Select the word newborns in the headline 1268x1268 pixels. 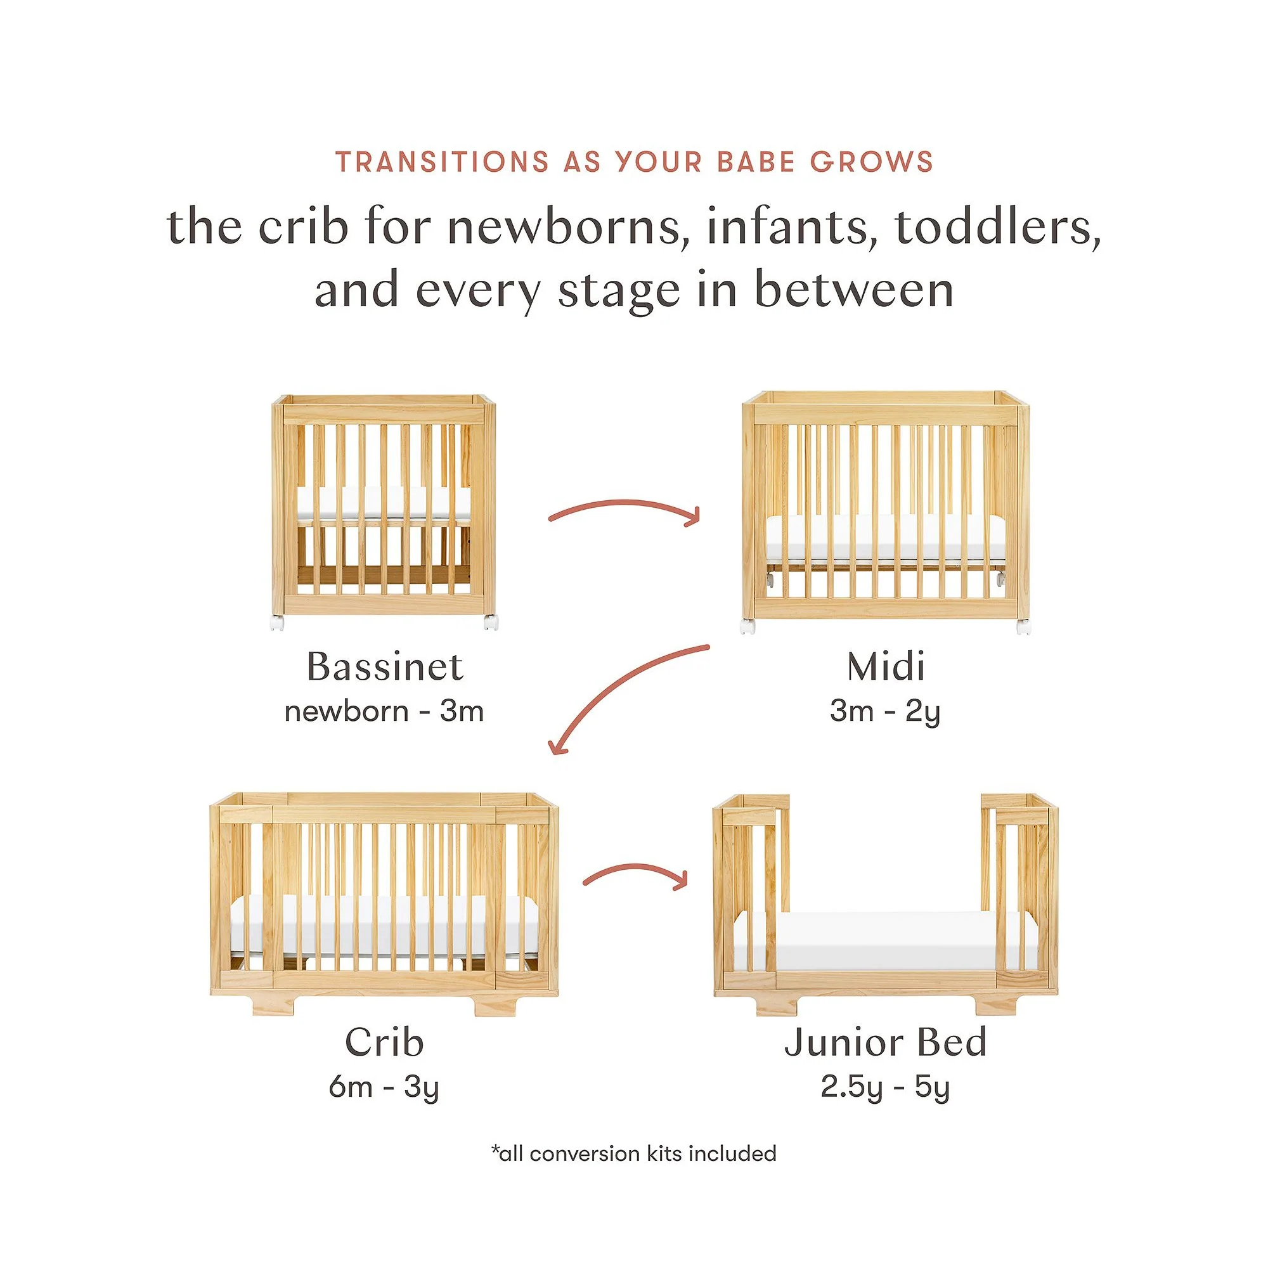pos(568,227)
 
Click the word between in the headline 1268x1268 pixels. pos(853,290)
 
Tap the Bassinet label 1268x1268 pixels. pos(385,667)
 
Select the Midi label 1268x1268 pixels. pos(886,667)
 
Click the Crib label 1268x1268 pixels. pos(385,1042)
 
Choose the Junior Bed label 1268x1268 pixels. pos(885,1042)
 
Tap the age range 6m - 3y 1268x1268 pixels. pos(384,1087)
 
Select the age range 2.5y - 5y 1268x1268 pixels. pos(885,1087)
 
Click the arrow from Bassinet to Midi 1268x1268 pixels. pos(624,503)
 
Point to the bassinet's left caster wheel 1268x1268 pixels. pos(277,622)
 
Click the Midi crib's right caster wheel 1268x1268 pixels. pos(1023,627)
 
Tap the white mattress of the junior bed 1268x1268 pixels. pos(885,940)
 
